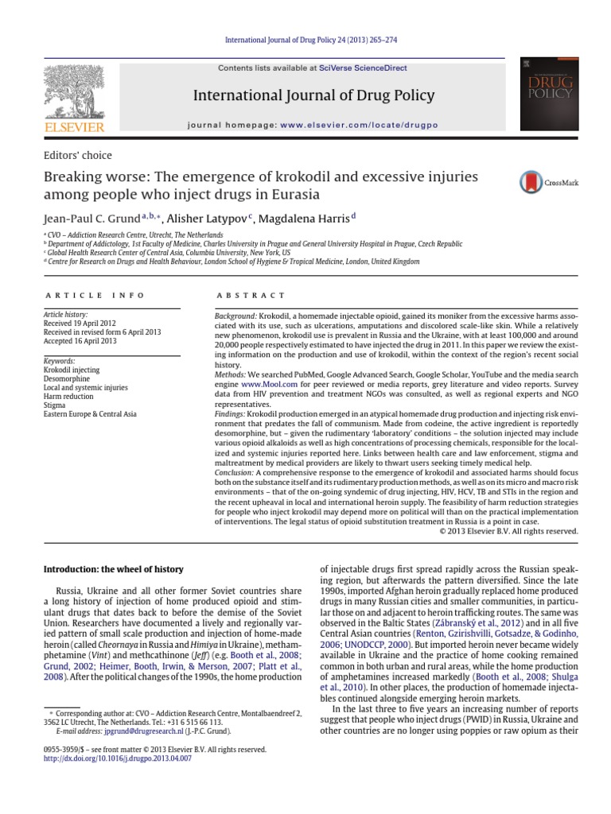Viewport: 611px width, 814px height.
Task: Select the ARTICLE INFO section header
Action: click(95, 296)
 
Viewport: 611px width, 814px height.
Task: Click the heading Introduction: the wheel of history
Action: click(113, 569)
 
